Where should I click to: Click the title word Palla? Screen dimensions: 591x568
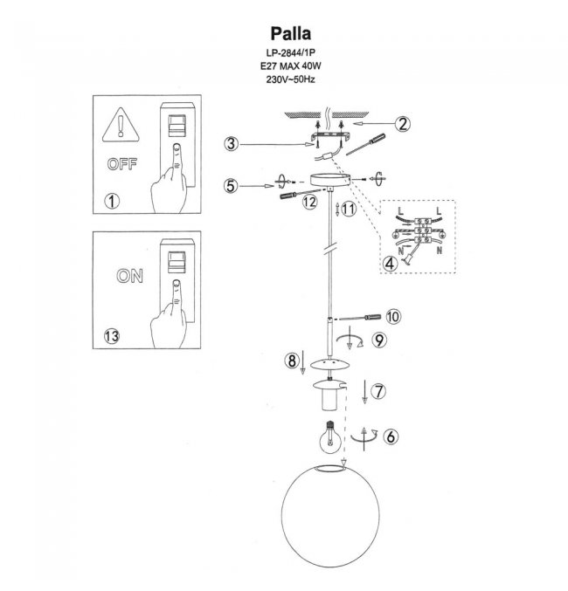(x=288, y=33)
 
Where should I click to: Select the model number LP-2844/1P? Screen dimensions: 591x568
(x=287, y=53)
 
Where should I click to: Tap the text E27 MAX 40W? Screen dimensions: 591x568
(x=287, y=66)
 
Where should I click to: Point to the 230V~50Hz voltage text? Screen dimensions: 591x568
(x=287, y=79)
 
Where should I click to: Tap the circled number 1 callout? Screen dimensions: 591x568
(x=111, y=201)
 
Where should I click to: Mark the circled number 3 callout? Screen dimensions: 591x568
(x=231, y=143)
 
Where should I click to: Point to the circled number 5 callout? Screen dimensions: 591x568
(x=230, y=185)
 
